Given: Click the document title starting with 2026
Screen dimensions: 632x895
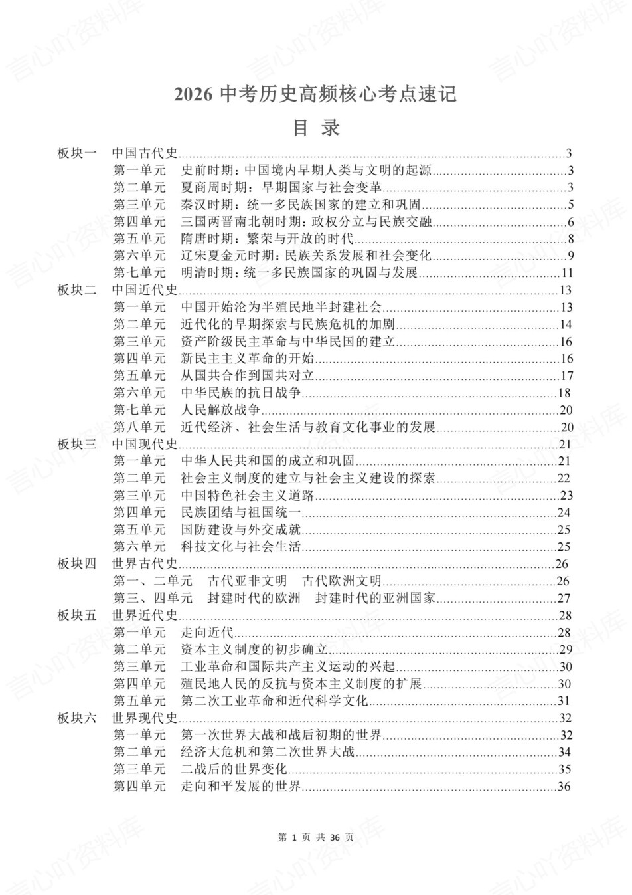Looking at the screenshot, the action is coord(315,94).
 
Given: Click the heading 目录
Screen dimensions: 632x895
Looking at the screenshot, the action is coord(316,128).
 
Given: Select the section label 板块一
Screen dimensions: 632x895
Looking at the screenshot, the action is coord(77,153).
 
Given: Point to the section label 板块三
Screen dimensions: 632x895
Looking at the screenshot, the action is coord(77,444).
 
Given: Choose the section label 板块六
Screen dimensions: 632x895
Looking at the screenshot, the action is coord(77,718).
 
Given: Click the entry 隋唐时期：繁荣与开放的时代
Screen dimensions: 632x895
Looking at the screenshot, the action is coord(268,239).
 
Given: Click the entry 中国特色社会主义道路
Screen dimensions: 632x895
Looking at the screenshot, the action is coord(247,496).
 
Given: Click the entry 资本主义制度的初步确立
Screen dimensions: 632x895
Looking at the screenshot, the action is coord(254,649).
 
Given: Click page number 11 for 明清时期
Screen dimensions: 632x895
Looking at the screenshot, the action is coord(566,273).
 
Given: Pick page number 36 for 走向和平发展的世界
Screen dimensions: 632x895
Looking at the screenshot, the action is coord(565,787).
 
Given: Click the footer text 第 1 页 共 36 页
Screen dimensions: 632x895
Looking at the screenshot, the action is coord(316,837).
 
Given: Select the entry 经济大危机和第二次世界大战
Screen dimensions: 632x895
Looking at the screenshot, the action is coord(268,752).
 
